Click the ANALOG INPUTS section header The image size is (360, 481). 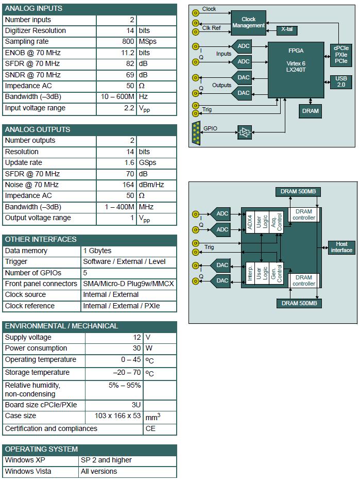[x=90, y=9]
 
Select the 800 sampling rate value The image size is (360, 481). [x=128, y=41]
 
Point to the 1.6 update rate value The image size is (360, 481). [x=129, y=162]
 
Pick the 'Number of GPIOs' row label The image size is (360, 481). [x=33, y=273]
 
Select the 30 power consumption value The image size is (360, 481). [x=136, y=348]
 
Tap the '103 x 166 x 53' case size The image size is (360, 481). [x=117, y=416]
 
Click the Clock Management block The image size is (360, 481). [x=248, y=23]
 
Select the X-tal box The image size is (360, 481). [x=287, y=30]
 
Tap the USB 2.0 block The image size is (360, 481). [x=341, y=82]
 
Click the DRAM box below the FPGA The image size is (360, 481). [x=311, y=111]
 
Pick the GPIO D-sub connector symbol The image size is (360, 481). [x=196, y=133]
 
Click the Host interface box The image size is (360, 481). [x=341, y=247]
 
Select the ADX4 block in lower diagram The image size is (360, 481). [x=250, y=222]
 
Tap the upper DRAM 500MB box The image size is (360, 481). [x=298, y=192]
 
